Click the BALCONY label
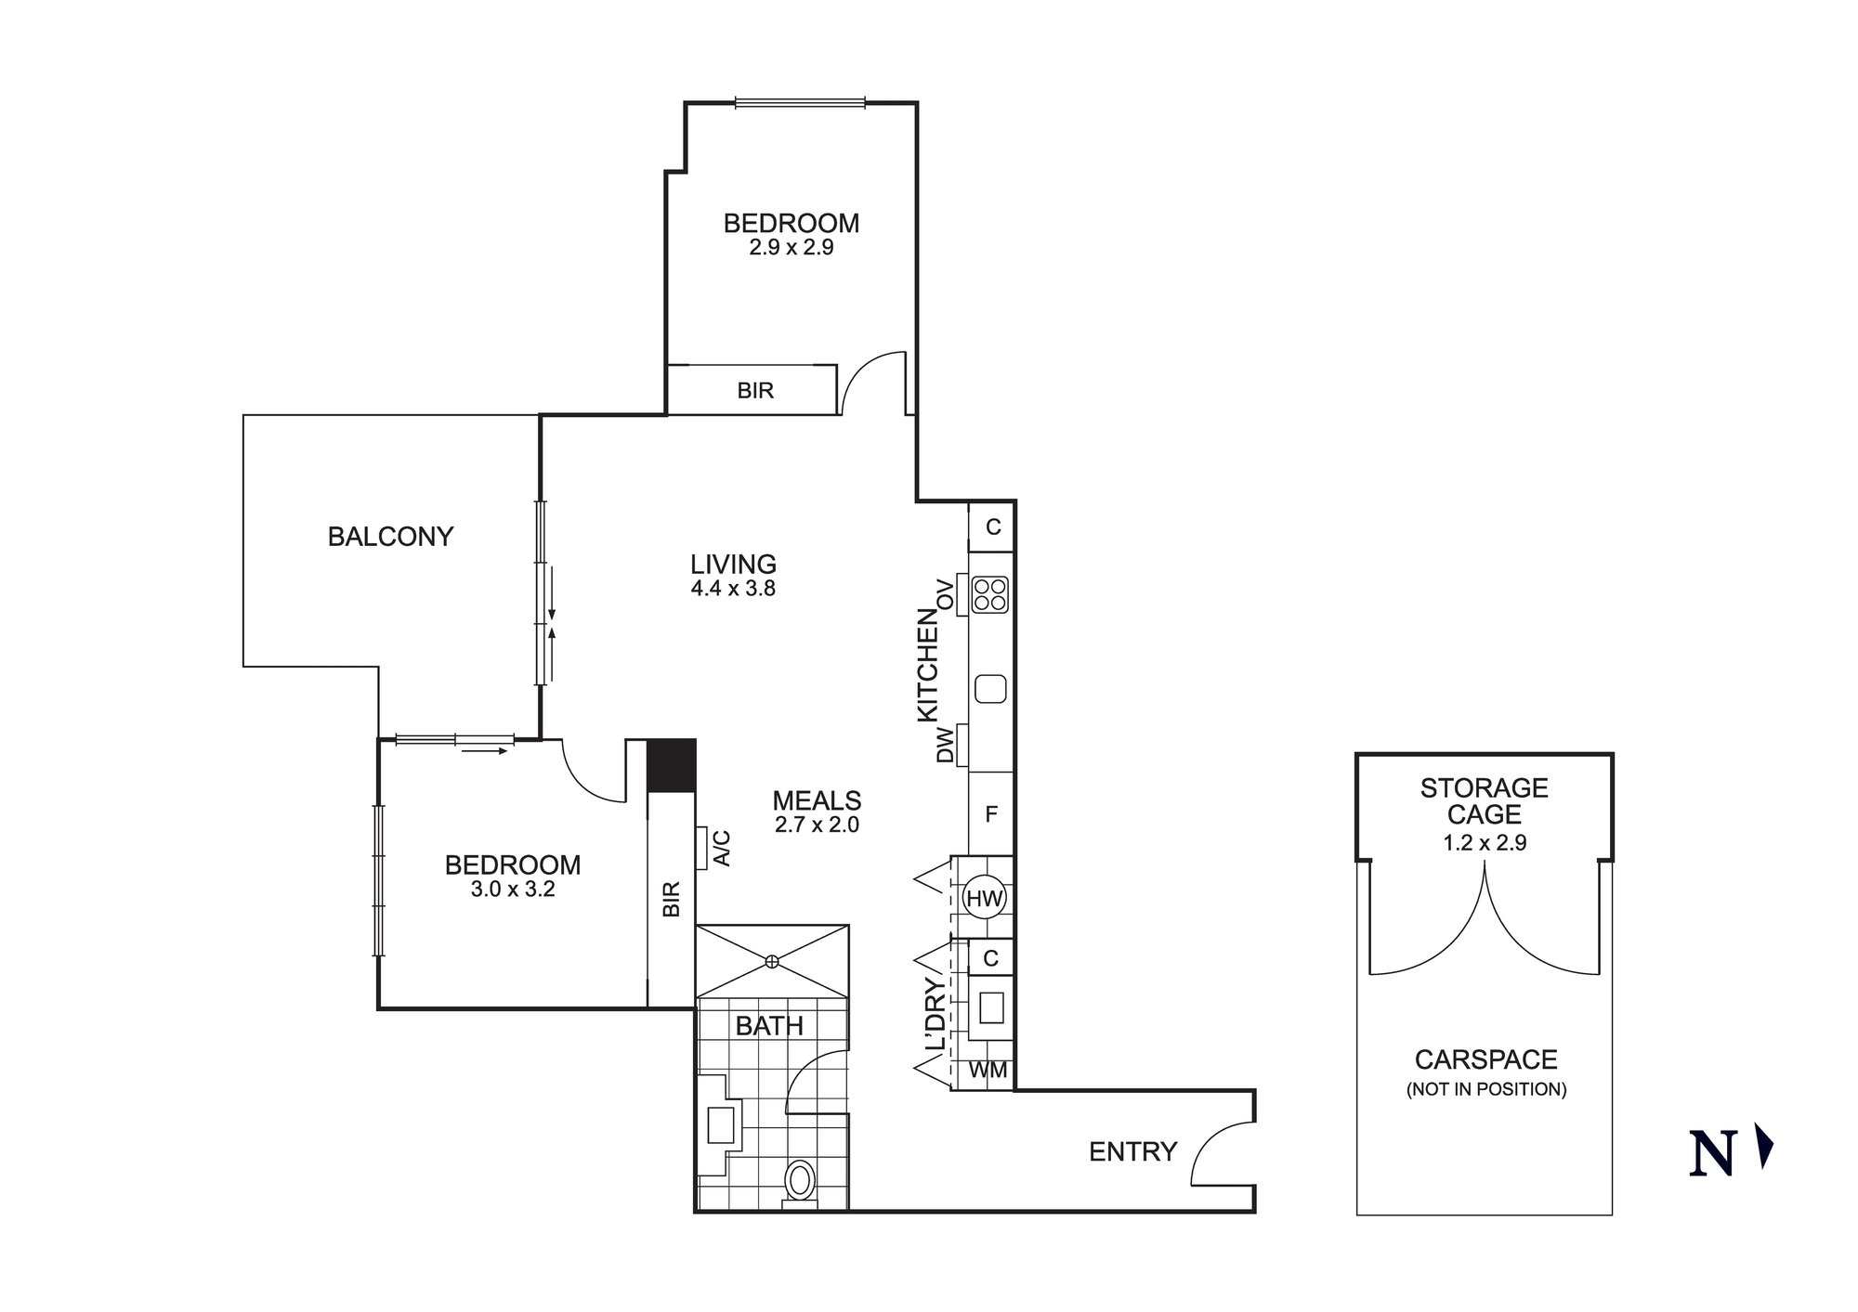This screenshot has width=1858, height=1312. point(390,537)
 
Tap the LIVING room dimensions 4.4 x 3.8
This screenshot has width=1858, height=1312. point(733,588)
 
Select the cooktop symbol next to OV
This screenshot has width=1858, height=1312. point(990,595)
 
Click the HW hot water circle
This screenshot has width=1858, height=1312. point(985,898)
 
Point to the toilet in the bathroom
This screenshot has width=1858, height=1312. point(799,1182)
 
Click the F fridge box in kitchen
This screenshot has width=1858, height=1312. point(991,814)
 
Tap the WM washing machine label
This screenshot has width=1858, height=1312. point(988,1071)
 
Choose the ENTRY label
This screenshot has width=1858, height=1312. point(1132,1152)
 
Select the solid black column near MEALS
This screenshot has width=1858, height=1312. point(671,765)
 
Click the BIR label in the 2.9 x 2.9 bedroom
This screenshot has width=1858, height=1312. point(755,391)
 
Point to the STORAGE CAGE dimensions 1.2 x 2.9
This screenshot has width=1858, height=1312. point(1485,843)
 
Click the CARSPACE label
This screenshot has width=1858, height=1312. point(1485,1059)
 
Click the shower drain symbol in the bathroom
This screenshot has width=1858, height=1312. point(771,962)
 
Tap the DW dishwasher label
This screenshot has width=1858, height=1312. point(945,745)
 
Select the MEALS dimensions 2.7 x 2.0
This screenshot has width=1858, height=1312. point(817,825)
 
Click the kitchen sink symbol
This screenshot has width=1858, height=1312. point(991,689)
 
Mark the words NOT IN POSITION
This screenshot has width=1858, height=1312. point(1485,1089)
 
